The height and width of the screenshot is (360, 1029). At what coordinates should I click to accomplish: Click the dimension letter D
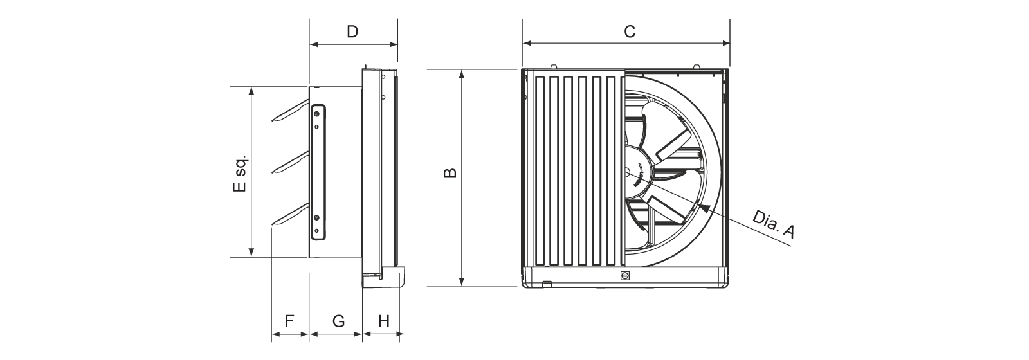pyautogui.click(x=352, y=32)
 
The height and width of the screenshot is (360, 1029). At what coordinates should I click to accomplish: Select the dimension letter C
pyautogui.click(x=630, y=32)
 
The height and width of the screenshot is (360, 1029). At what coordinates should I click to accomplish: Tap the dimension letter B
pyautogui.click(x=450, y=172)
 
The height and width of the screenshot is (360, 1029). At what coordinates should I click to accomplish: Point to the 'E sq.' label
pyautogui.click(x=239, y=173)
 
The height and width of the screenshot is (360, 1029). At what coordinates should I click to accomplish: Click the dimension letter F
pyautogui.click(x=289, y=321)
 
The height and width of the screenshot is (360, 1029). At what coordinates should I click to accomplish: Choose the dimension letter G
pyautogui.click(x=338, y=321)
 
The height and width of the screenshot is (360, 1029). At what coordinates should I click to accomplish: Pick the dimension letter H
pyautogui.click(x=384, y=321)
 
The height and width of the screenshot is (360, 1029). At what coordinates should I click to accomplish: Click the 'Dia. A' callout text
pyautogui.click(x=772, y=225)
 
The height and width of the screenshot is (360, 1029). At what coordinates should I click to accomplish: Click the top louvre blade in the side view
pyautogui.click(x=290, y=112)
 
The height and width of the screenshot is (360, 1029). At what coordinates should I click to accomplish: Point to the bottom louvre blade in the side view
pyautogui.click(x=290, y=215)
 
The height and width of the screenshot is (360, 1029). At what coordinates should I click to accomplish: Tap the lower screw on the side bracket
pyautogui.click(x=316, y=217)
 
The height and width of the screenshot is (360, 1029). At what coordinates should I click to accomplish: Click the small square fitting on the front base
pyautogui.click(x=624, y=276)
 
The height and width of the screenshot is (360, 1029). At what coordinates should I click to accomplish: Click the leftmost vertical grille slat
pyautogui.click(x=540, y=171)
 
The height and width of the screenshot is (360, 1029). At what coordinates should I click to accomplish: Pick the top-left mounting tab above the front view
pyautogui.click(x=554, y=67)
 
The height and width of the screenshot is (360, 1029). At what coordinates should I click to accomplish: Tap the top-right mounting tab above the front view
pyautogui.click(x=697, y=67)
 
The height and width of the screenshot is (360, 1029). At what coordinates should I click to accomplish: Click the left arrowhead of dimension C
pyautogui.click(x=527, y=44)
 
